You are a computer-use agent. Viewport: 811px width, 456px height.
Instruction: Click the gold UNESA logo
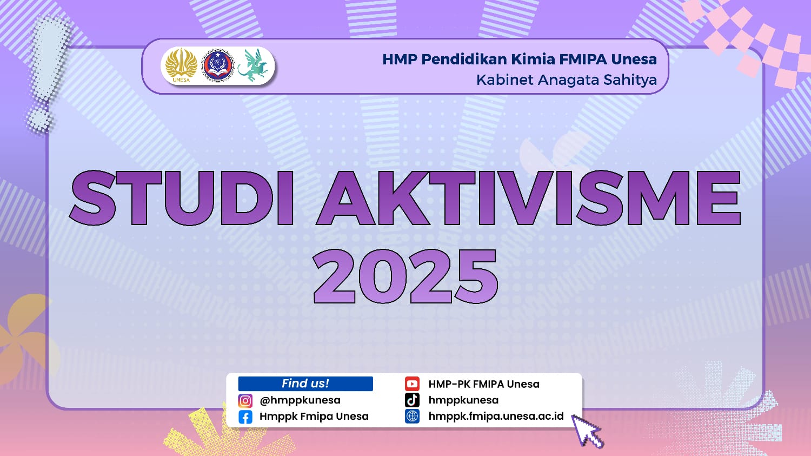181,65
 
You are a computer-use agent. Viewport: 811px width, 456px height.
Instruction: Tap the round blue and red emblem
217,65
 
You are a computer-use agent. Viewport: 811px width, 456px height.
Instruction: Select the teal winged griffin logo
254,65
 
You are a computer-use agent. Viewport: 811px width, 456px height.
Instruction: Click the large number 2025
405,276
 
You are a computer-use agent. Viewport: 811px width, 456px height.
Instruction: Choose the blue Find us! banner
305,384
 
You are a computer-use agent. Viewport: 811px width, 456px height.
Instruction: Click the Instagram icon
245,401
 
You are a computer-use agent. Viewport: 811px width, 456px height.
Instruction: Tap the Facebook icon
245,417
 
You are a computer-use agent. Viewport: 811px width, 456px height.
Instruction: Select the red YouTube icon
412,384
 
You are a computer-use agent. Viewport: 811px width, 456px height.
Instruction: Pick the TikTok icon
412,400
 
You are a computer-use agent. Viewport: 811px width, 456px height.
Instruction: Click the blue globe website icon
412,417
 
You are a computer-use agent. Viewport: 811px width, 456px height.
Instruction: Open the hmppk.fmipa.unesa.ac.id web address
496,417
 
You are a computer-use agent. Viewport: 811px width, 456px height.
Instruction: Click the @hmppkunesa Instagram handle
300,401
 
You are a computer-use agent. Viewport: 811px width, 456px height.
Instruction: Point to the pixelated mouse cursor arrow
587,431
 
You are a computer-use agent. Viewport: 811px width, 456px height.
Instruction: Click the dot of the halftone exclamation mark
39,119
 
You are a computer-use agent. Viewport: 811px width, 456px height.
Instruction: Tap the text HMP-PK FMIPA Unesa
484,384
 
